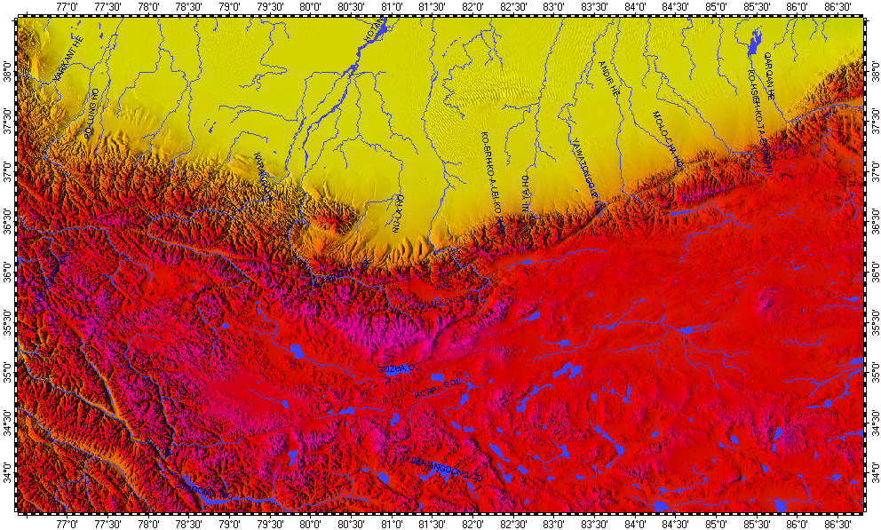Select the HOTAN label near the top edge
pyautogui.click(x=371, y=33)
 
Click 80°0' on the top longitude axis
pyautogui.click(x=310, y=8)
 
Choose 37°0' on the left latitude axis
pyautogui.click(x=8, y=166)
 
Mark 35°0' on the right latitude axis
pyautogui.click(x=873, y=367)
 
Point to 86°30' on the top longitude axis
pyautogui.click(x=837, y=8)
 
